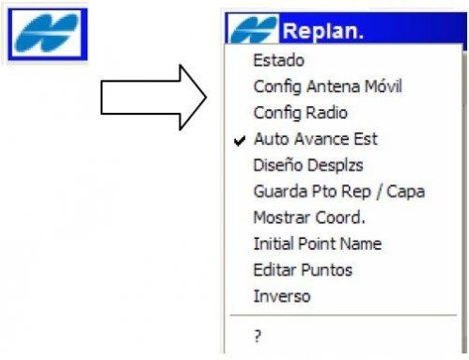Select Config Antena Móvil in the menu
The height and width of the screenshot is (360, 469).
click(327, 87)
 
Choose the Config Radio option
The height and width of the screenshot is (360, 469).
click(300, 113)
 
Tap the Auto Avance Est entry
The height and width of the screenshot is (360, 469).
click(315, 139)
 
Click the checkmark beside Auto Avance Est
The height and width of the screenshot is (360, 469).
click(239, 139)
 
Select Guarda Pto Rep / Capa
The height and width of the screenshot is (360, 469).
click(338, 192)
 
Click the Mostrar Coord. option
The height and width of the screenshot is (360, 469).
click(309, 218)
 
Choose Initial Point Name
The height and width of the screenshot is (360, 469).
click(317, 244)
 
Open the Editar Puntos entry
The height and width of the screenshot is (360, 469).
click(303, 271)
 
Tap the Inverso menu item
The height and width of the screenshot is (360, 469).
click(281, 297)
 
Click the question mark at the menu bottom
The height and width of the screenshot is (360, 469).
click(258, 336)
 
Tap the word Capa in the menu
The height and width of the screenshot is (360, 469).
click(408, 192)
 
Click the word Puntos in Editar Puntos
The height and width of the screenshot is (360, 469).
click(327, 271)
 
